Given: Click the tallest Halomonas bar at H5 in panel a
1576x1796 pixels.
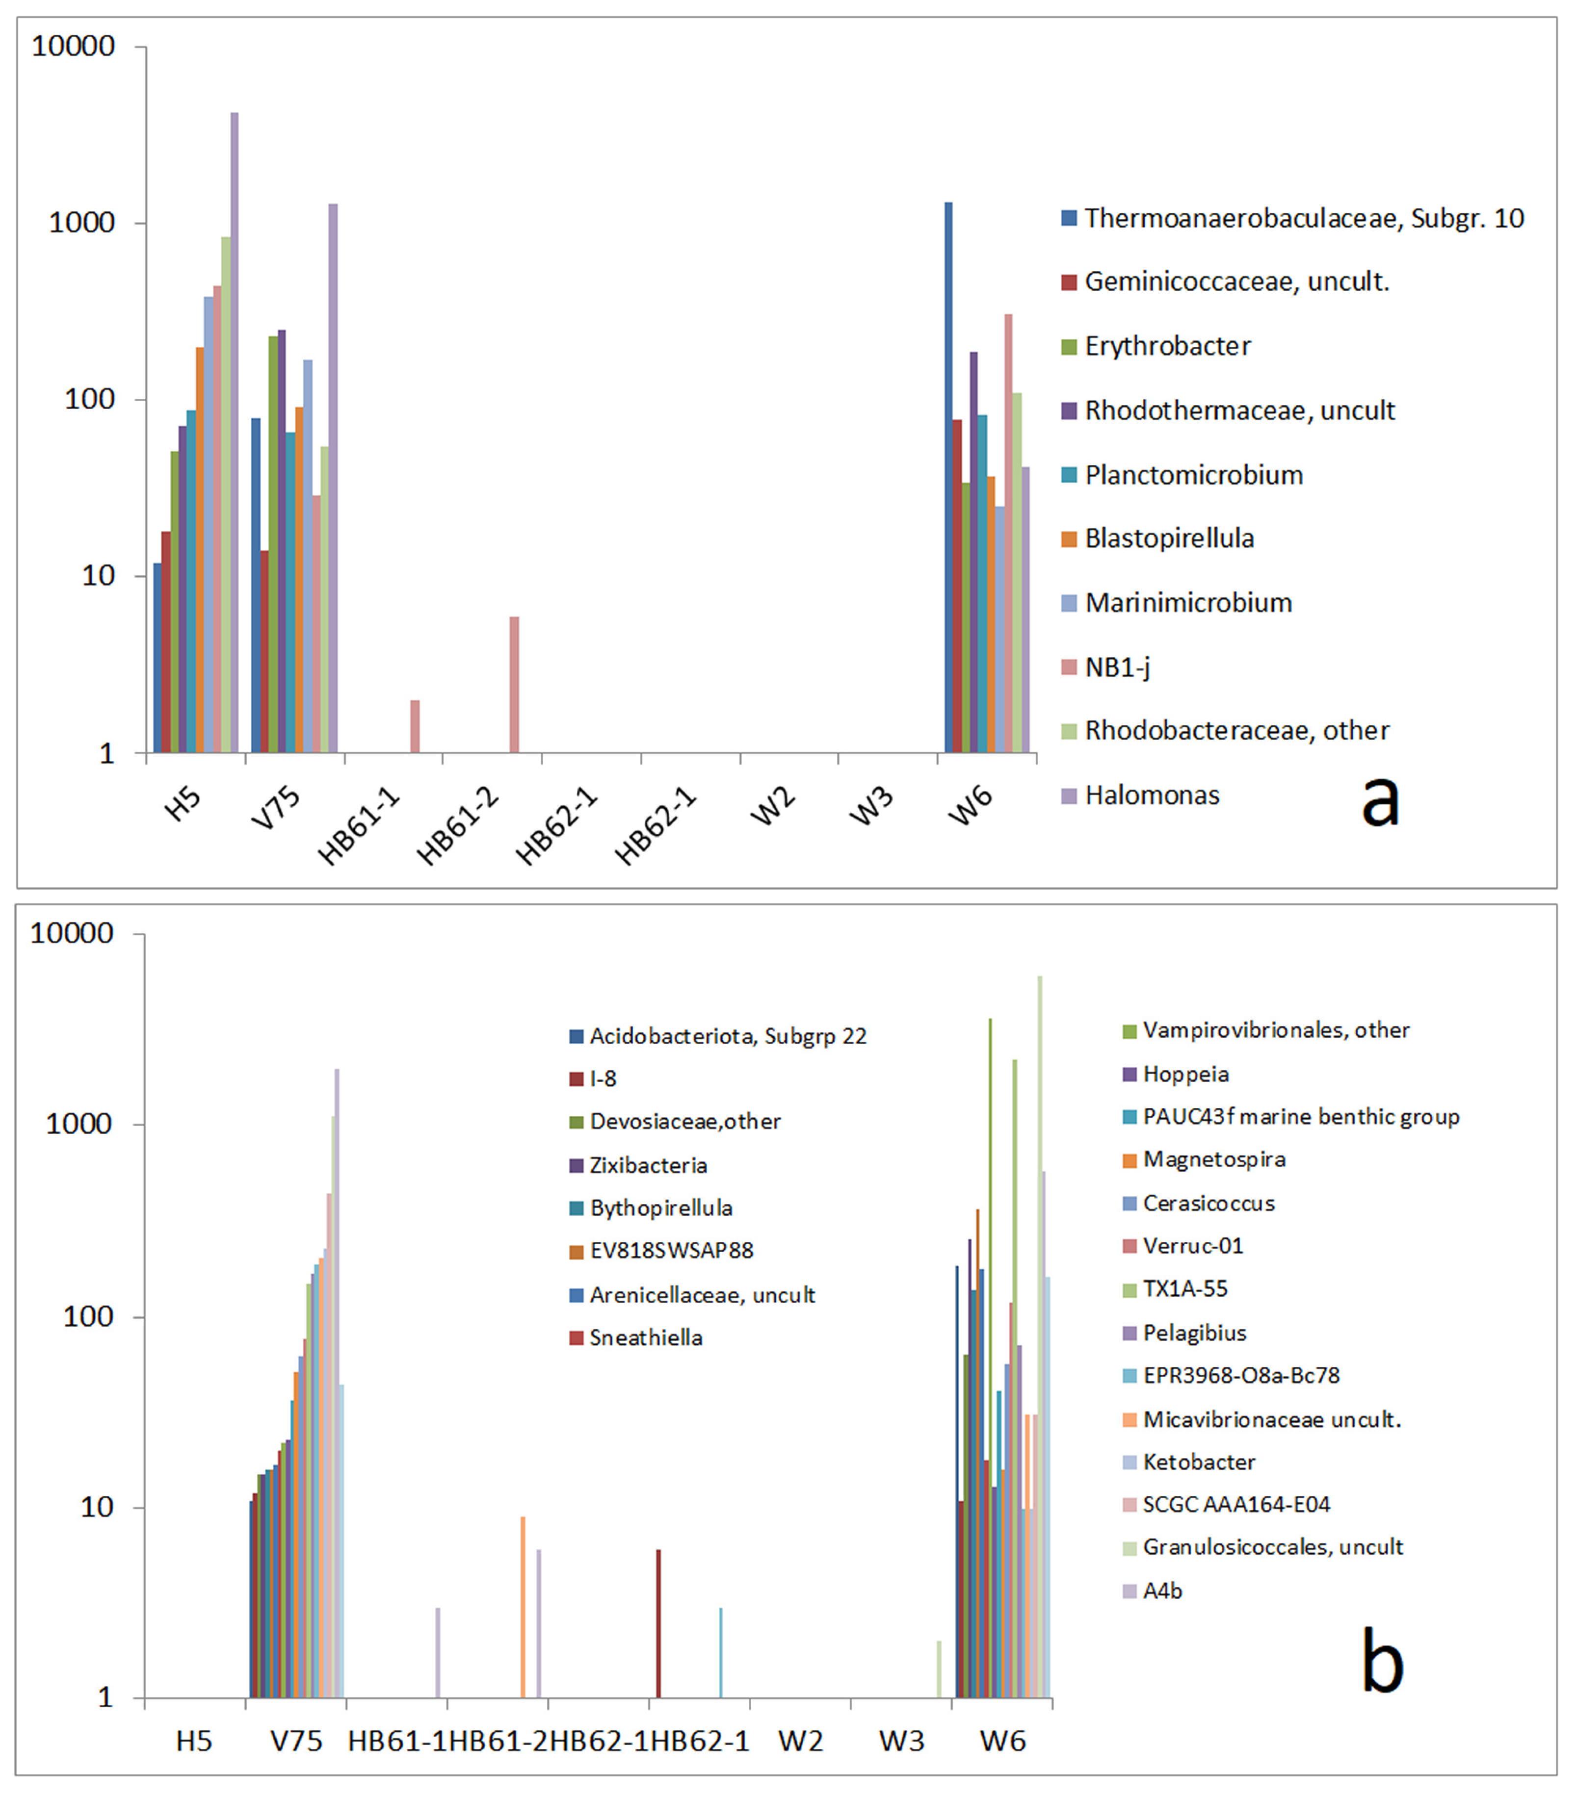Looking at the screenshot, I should click(x=234, y=431).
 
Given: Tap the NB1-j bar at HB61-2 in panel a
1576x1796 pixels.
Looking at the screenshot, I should click(x=514, y=685).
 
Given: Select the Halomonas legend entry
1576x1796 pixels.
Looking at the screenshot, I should click(x=1152, y=795).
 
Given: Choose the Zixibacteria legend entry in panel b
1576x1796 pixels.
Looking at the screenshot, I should click(x=648, y=1165).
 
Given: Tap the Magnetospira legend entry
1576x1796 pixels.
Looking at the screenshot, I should click(x=1214, y=1159).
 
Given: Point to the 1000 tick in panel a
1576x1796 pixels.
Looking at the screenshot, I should click(x=82, y=222).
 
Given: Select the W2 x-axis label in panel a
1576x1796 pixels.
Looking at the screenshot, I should click(x=773, y=806).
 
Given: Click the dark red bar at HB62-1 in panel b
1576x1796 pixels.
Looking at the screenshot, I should click(x=658, y=1625).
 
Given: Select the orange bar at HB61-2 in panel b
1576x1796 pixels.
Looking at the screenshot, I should click(x=523, y=1608).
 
